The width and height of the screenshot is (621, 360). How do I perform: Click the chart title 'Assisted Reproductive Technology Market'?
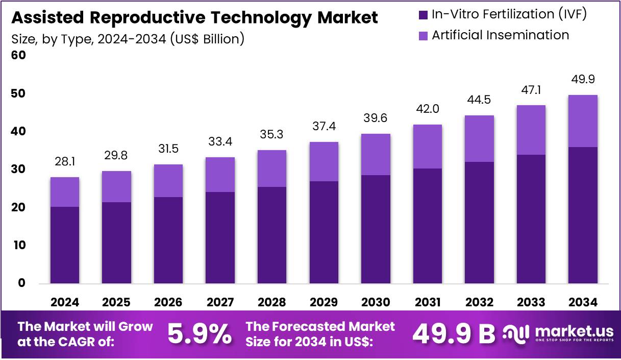pyautogui.click(x=194, y=18)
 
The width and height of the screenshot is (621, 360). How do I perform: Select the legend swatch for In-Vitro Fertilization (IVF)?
pyautogui.click(x=423, y=15)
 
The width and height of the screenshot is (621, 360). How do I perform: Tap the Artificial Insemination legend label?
pyautogui.click(x=500, y=35)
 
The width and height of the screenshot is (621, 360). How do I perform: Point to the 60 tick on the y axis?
pyautogui.click(x=18, y=56)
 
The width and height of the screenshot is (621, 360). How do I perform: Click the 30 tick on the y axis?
pyautogui.click(x=18, y=170)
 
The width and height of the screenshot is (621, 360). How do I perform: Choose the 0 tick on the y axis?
pyautogui.click(x=21, y=283)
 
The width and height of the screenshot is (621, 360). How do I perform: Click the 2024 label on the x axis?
pyautogui.click(x=64, y=302)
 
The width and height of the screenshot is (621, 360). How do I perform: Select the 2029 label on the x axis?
pyautogui.click(x=324, y=302)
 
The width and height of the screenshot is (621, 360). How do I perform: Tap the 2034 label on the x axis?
pyautogui.click(x=582, y=302)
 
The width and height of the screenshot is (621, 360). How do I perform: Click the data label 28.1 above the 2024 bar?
pyautogui.click(x=64, y=162)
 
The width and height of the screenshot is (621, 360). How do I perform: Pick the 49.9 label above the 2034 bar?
pyautogui.click(x=582, y=79)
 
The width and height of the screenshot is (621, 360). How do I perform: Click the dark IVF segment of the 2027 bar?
pyautogui.click(x=220, y=237)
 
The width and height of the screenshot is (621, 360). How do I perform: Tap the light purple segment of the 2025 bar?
pyautogui.click(x=116, y=186)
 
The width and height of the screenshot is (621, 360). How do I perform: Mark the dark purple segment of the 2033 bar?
pyautogui.click(x=531, y=219)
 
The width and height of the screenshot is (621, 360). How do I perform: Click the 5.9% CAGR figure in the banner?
pyautogui.click(x=199, y=334)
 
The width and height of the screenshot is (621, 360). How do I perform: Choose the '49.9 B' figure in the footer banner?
pyautogui.click(x=454, y=334)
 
